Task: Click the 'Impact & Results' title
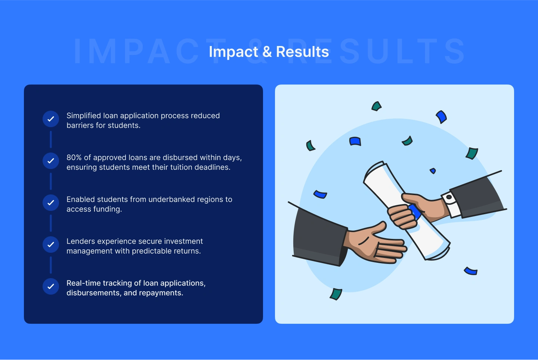[269, 52]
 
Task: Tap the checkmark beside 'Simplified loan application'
[51, 119]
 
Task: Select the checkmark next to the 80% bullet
[51, 160]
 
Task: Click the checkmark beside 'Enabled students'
[51, 203]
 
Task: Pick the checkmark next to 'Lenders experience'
[51, 244]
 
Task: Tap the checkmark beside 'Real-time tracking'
[51, 286]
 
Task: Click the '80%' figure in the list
[74, 157]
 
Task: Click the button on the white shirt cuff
[449, 197]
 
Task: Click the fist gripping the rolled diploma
[402, 217]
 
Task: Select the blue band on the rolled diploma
[415, 212]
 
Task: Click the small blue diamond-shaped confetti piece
[433, 171]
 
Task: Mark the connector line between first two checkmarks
[51, 139]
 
